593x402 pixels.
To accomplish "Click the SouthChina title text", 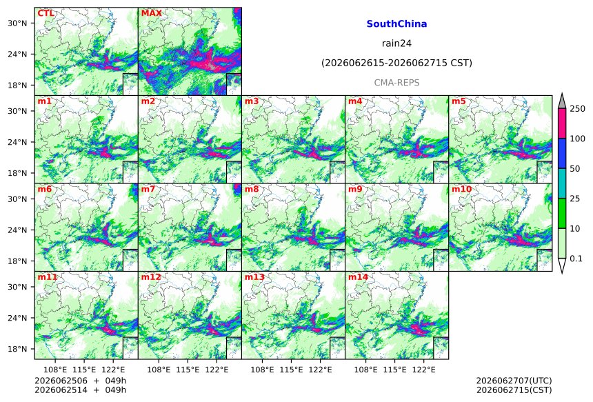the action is coord(396,24).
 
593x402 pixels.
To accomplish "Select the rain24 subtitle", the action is coord(396,43).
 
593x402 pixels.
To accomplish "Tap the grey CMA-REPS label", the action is coord(396,83).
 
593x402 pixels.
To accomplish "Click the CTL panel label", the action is coord(46,13).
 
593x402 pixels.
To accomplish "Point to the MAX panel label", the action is coord(151,13).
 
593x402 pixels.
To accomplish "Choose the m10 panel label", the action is coord(461,189).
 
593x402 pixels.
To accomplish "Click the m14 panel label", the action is coord(358,277).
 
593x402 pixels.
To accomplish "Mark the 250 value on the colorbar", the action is coord(577,109).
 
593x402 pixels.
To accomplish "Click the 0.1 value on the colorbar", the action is coord(576,259).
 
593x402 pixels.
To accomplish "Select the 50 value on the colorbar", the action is coord(575,169).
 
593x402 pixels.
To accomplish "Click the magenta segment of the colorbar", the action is coord(562,123).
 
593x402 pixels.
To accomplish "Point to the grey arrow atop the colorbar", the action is coord(562,102).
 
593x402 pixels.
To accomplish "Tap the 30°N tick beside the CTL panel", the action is coord(17,23).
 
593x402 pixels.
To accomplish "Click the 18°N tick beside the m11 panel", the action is coord(17,349).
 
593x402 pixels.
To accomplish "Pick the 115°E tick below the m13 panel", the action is coord(291,370).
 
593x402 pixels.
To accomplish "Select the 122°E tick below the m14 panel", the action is coord(423,370).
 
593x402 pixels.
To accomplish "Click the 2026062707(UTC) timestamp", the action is coord(514,381).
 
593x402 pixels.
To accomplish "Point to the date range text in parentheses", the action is coord(396,63).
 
